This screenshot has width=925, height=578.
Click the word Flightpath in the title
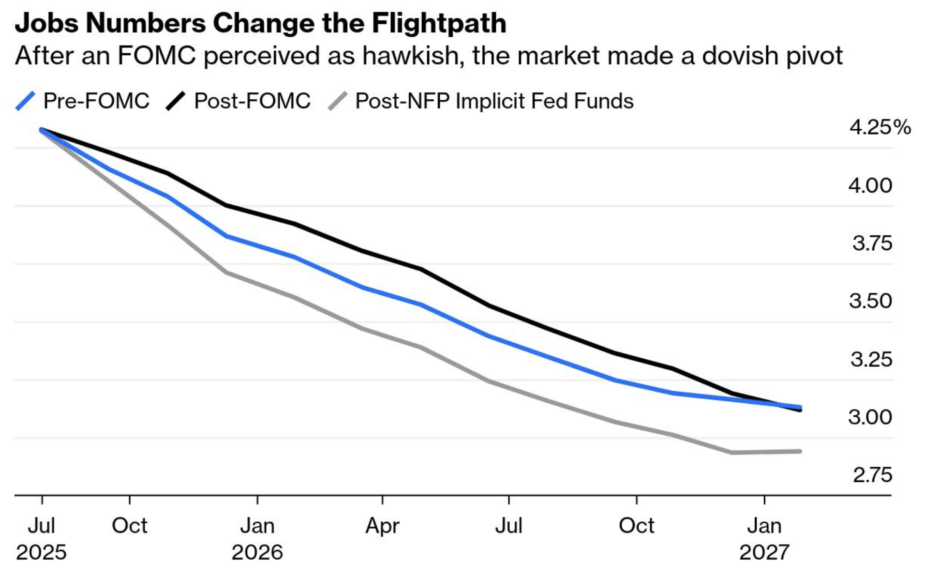tap(439, 23)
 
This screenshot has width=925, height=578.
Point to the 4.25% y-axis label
tap(880, 127)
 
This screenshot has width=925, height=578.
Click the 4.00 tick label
tap(870, 185)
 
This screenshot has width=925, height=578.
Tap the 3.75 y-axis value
tap(872, 243)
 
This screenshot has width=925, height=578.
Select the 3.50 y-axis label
tap(870, 301)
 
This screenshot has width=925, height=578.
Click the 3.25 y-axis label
tap(871, 359)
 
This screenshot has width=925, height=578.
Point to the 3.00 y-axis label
tap(870, 417)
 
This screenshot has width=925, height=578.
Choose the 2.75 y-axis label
tap(872, 475)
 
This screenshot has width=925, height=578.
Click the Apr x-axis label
tap(382, 526)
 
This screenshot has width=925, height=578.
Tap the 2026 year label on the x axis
tap(257, 552)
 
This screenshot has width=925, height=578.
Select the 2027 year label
tap(764, 552)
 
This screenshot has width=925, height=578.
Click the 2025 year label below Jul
tap(41, 552)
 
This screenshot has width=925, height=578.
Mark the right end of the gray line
tap(800, 451)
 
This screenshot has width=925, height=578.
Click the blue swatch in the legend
tap(26, 101)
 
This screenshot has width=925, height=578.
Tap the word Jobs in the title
tap(46, 23)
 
